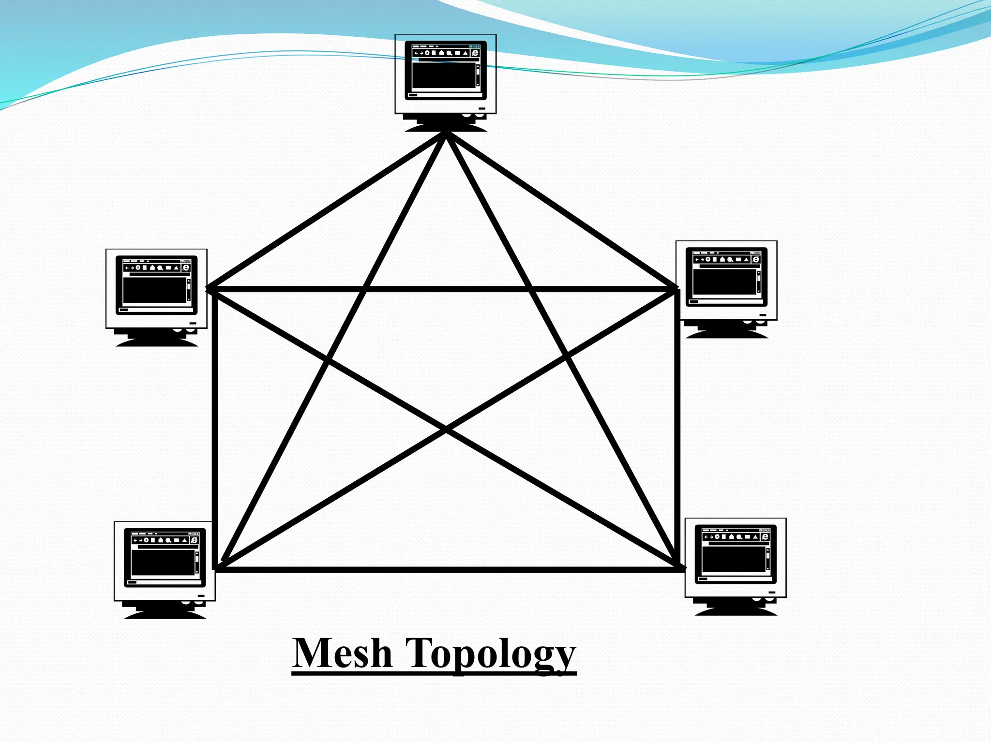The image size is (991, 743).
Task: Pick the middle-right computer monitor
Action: (726, 281)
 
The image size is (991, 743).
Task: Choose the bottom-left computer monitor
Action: (165, 561)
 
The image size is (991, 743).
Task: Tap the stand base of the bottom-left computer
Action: (165, 614)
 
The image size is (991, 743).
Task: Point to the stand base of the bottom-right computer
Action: (736, 610)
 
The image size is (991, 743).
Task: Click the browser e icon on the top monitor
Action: (475, 53)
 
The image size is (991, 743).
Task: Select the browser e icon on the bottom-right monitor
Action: (765, 536)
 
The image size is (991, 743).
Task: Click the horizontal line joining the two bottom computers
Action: (445, 570)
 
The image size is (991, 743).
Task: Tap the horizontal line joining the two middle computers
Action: (445, 289)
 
